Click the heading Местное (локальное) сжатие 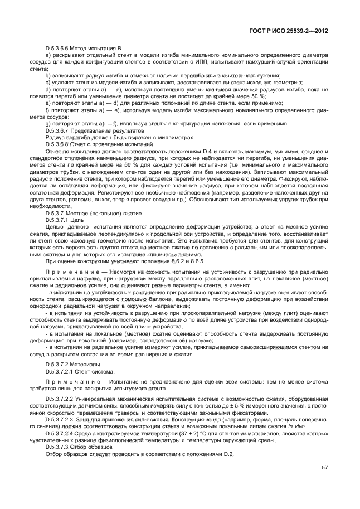coord(106,213)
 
